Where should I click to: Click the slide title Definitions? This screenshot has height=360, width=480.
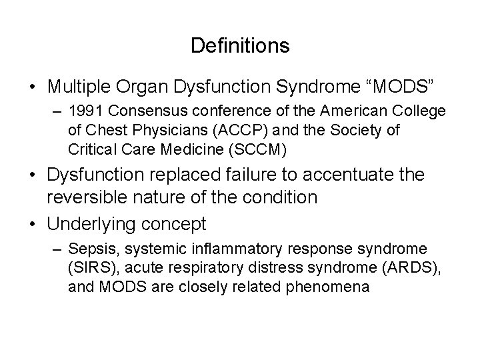click(x=239, y=45)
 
